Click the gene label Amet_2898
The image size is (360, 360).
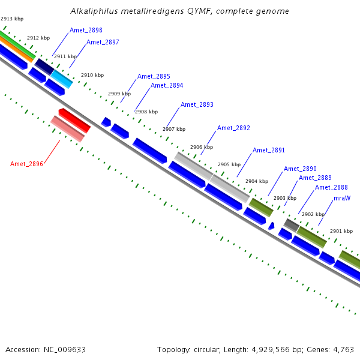point(86,30)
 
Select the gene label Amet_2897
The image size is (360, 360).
point(103,42)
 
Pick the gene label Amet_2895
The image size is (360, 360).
point(154,76)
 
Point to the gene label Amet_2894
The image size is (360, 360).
point(167,85)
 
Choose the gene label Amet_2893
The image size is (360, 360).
point(197,104)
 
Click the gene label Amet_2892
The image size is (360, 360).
point(233,128)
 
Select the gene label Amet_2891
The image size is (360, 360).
point(269,150)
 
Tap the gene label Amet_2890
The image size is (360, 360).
point(300,169)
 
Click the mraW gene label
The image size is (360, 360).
point(342,197)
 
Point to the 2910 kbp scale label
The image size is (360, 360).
point(92,75)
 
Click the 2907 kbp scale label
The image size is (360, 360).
point(174,129)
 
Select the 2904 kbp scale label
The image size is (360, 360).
point(257,181)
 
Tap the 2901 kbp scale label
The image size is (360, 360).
point(341,231)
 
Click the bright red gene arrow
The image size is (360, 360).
point(74,120)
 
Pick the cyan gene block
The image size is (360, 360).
point(62,78)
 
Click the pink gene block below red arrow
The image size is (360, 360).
point(67,129)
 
